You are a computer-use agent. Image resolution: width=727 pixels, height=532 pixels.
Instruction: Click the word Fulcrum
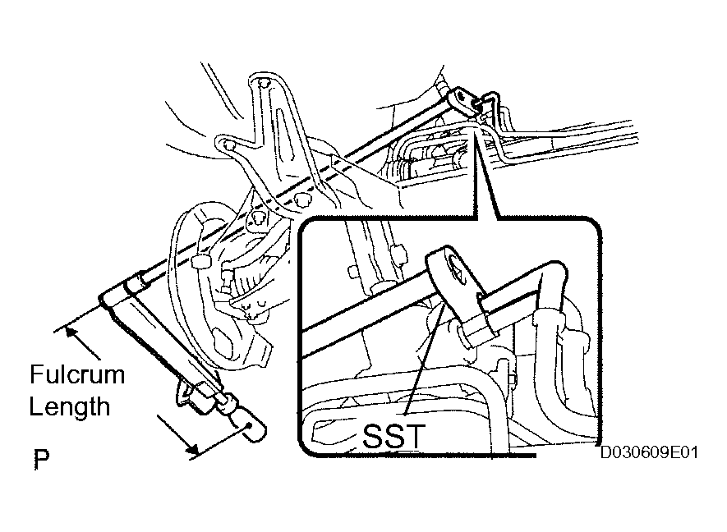pyautogui.click(x=77, y=374)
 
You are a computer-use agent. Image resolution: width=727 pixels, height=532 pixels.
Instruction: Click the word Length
pyautogui.click(x=70, y=406)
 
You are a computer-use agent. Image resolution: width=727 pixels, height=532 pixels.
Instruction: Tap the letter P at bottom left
pyautogui.click(x=41, y=459)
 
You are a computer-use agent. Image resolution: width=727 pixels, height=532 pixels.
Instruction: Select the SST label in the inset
pyautogui.click(x=393, y=436)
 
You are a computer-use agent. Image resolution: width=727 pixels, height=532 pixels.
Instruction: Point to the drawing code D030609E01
pyautogui.click(x=649, y=452)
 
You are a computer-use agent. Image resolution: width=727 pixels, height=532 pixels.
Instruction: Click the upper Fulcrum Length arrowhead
pyautogui.click(x=71, y=332)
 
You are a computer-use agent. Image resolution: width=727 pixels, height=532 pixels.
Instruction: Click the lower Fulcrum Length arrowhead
pyautogui.click(x=192, y=447)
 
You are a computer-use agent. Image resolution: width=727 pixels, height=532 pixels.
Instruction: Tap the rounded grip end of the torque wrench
pyautogui.click(x=253, y=430)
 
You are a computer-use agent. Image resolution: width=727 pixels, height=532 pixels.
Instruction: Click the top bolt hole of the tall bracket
pyautogui.click(x=263, y=84)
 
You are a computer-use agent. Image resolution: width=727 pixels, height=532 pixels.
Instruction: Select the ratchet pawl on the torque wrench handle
pyautogui.click(x=195, y=394)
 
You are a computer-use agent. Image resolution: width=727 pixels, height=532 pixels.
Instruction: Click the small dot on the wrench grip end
pyautogui.click(x=250, y=425)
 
